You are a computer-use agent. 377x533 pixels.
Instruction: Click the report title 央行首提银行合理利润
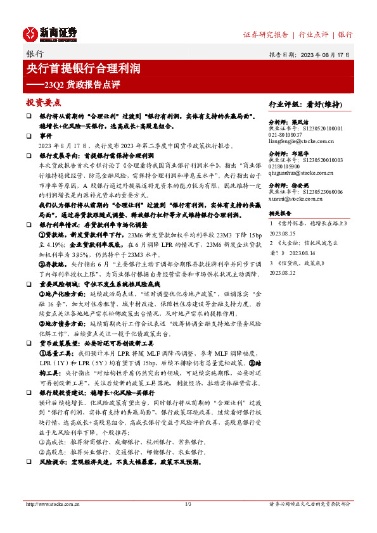click(83, 68)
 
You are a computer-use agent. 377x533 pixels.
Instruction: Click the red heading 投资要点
click(43, 102)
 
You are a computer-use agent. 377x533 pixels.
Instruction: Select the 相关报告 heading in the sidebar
click(279, 214)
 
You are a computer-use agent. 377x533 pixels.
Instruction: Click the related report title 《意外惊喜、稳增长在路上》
click(312, 223)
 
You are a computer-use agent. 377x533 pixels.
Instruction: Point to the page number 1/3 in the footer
click(188, 504)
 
